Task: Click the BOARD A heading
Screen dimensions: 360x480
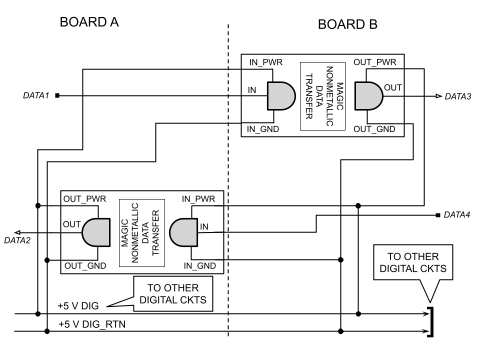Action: tap(89, 22)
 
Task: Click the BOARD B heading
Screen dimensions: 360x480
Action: tap(348, 24)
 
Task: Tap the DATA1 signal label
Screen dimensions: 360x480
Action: tap(35, 95)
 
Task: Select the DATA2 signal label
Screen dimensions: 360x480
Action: tap(17, 240)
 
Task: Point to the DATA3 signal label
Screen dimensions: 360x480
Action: tap(458, 96)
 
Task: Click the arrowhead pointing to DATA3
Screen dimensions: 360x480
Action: tap(438, 95)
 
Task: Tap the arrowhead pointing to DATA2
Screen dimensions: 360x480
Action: tap(17, 232)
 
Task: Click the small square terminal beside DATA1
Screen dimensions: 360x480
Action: tap(57, 95)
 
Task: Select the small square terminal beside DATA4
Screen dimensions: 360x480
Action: tap(438, 215)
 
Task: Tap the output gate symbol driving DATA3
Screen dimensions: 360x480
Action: tap(368, 95)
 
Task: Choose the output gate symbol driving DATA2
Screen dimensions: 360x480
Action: tap(95, 232)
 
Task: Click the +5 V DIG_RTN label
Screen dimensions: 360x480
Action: tap(92, 324)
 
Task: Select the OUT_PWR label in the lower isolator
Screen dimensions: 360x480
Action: tap(84, 198)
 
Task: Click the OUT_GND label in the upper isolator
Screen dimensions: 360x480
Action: tap(374, 129)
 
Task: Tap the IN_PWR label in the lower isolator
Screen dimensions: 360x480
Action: tap(199, 198)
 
